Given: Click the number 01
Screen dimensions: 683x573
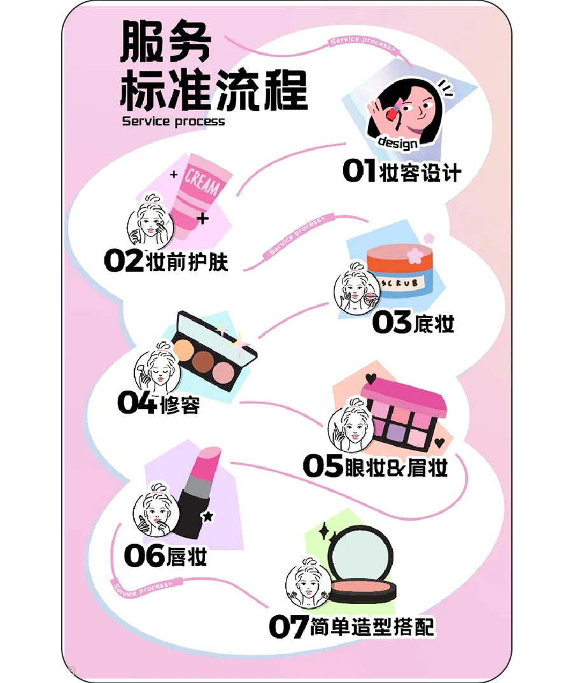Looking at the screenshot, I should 359,171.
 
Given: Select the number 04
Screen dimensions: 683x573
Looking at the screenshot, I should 136,403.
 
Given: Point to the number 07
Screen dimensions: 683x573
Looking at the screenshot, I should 288,626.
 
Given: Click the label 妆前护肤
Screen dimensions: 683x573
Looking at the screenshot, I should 187,262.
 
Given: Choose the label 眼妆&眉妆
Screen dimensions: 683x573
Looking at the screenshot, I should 395,467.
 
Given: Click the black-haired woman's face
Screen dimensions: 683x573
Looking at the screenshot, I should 414,108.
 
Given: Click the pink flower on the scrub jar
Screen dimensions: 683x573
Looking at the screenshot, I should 414,254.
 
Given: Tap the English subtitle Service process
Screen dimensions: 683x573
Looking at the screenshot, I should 173,120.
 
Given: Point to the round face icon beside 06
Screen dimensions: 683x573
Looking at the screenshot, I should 155,510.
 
